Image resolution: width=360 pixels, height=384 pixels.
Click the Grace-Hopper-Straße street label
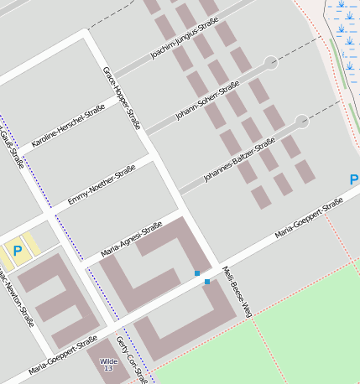(121, 98)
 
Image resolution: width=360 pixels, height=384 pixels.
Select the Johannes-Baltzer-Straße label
(239, 160)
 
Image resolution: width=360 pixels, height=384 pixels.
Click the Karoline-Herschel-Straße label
(68, 127)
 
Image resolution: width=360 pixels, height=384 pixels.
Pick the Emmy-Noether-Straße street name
(102, 184)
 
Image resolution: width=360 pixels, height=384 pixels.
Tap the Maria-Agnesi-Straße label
(131, 240)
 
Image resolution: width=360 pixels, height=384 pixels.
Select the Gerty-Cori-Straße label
(128, 356)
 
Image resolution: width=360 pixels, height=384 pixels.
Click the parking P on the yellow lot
(17, 250)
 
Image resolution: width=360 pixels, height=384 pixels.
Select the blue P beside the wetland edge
(354, 180)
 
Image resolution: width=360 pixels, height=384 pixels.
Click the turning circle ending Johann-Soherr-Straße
(271, 62)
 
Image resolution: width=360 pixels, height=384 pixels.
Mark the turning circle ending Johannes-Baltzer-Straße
(302, 122)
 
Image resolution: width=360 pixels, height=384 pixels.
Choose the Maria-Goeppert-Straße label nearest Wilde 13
(63, 355)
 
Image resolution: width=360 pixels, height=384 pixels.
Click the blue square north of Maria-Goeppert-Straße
(197, 273)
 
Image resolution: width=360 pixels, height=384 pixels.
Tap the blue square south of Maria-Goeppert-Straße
(207, 282)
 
